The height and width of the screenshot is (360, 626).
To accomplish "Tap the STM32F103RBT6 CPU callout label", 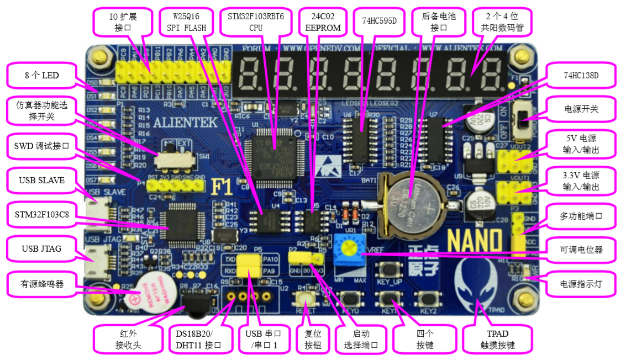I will point(256,23).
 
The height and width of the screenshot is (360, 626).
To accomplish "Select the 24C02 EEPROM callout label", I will point(323,23).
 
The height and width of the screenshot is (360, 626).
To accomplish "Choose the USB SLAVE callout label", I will point(41,181).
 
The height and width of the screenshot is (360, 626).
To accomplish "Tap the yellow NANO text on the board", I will point(474,241).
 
